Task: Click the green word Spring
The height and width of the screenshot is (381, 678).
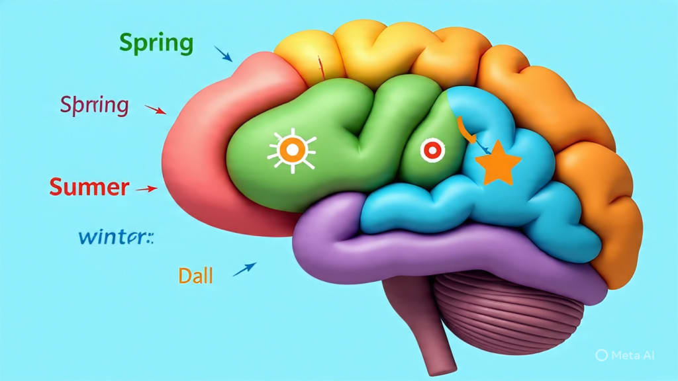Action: [156, 43]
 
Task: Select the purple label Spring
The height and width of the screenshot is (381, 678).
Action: [93, 105]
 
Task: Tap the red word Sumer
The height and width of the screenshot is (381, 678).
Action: [89, 187]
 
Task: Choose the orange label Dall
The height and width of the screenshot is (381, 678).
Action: [195, 275]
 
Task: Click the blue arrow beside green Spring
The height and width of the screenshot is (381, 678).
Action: [223, 54]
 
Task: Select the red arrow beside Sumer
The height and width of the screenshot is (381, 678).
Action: [146, 189]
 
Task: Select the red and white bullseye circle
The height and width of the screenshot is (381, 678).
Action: [430, 151]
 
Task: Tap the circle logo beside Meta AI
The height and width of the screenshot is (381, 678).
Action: [601, 355]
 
